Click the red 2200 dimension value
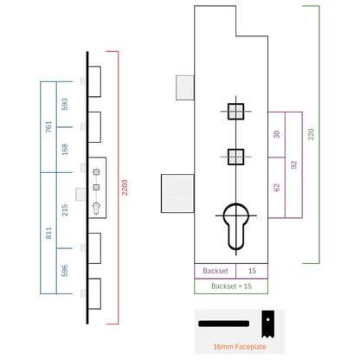pos(125,188)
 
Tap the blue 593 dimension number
pos(65,105)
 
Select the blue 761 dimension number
pos(48,127)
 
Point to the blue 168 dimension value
pos(65,150)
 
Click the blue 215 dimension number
pos(65,210)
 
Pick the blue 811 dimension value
pos(48,233)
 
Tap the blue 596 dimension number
pos(65,271)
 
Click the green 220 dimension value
pos(311,134)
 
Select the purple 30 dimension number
pos(277,135)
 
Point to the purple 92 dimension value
pos(293,165)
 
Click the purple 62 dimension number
pos(277,188)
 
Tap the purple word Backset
pos(215,271)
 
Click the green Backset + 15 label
pos(231,286)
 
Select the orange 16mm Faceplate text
pos(240,347)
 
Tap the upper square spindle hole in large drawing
pos(236,112)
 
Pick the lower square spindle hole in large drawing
pos(236,157)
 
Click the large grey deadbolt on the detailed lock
pos(177,194)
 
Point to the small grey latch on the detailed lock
pos(185,87)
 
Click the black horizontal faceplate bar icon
pos(223,324)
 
